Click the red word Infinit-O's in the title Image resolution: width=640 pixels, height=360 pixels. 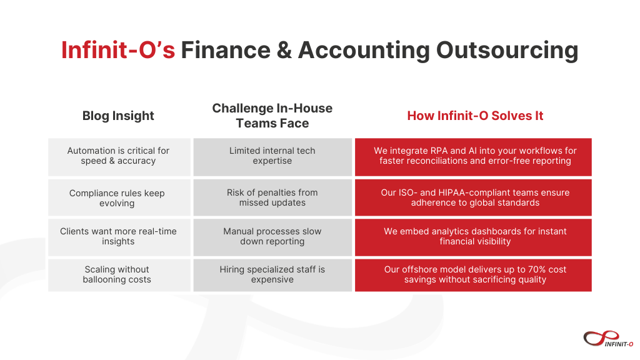(x=117, y=50)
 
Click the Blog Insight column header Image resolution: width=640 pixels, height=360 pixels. (x=118, y=116)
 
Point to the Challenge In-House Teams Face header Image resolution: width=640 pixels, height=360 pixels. (x=272, y=116)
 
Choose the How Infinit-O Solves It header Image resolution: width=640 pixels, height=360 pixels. (x=475, y=116)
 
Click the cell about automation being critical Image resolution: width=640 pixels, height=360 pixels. (x=119, y=156)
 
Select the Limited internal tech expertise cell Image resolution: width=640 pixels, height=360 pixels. (x=272, y=156)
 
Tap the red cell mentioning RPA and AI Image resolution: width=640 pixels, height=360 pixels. (x=473, y=156)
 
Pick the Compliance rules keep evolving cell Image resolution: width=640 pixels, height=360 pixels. (x=119, y=198)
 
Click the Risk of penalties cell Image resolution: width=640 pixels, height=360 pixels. (x=272, y=198)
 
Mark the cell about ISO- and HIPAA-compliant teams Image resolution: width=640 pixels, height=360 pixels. (x=473, y=198)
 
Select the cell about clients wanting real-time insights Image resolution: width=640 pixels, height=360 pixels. (x=119, y=237)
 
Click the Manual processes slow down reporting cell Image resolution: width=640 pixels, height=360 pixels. (x=272, y=237)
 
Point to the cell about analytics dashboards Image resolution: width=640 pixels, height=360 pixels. (x=473, y=237)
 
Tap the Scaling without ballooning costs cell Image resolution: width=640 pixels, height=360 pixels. (x=119, y=275)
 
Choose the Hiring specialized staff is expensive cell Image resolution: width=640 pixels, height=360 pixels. (x=272, y=275)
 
